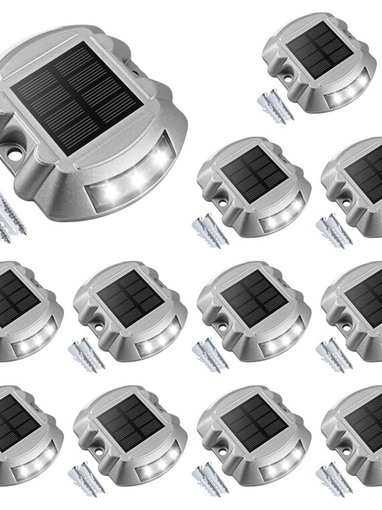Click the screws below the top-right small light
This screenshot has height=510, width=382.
point(275,105)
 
